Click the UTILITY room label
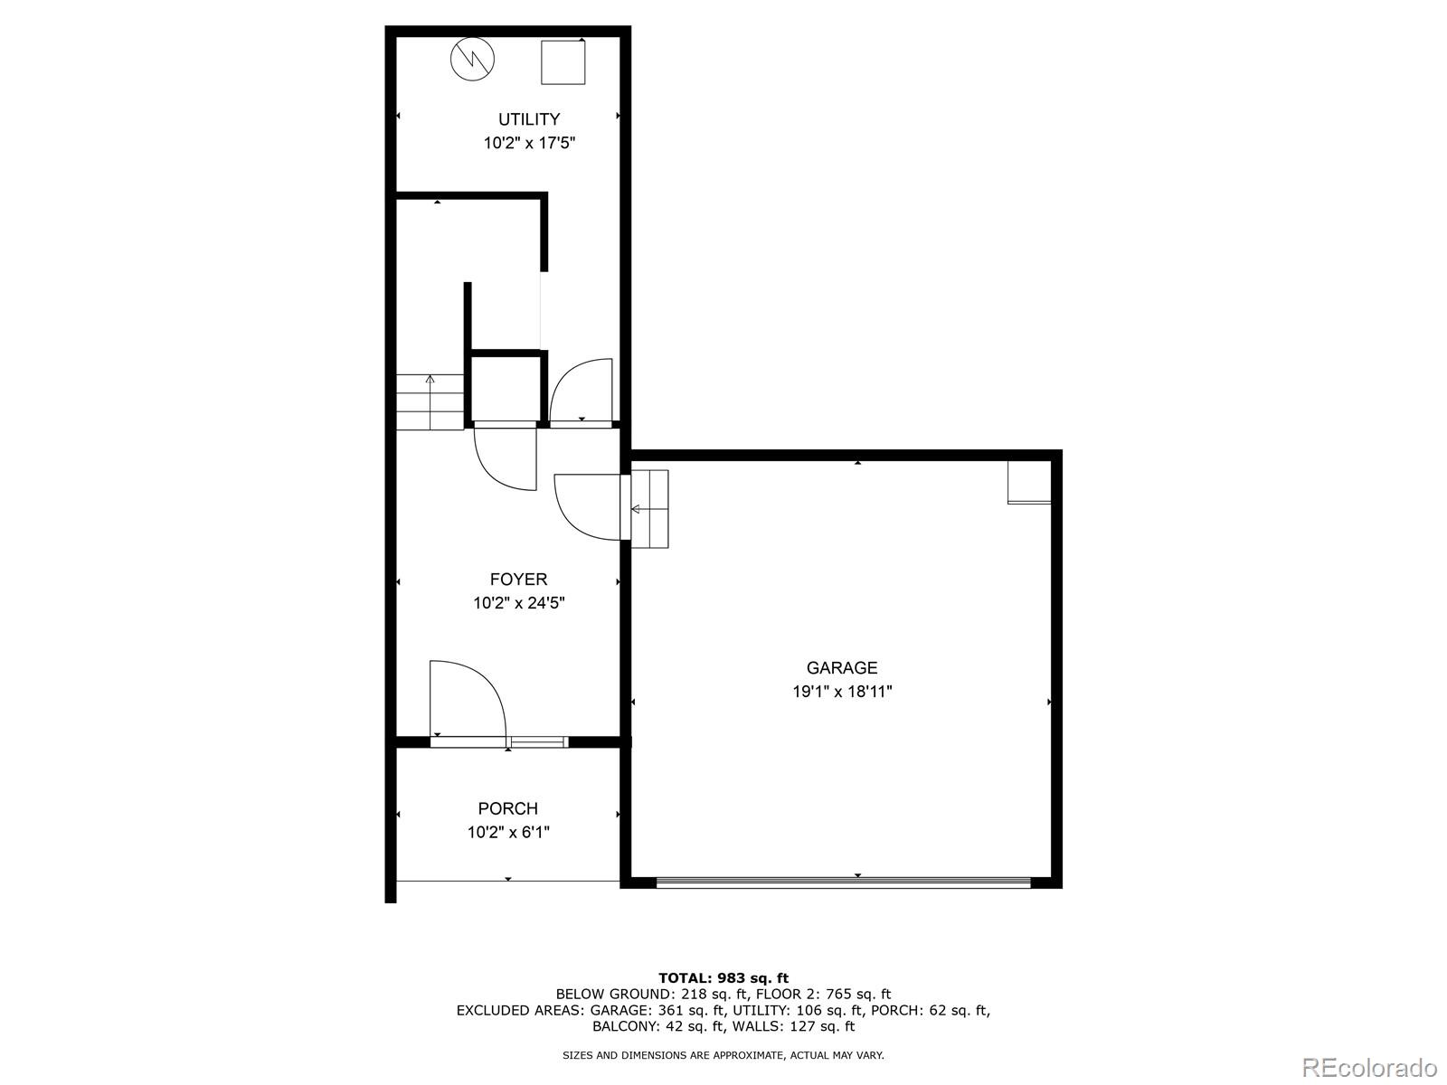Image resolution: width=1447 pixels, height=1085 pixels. (529, 119)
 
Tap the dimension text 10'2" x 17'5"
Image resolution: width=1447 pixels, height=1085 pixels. (529, 143)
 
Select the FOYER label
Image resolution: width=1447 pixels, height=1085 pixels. (518, 580)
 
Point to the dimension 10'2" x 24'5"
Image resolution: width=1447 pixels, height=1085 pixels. (518, 603)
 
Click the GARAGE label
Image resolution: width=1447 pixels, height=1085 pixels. (842, 668)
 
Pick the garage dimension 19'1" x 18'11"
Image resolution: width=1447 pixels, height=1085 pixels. (842, 692)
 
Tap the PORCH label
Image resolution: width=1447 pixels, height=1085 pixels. (507, 809)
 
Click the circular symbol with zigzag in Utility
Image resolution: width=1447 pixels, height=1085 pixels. (473, 60)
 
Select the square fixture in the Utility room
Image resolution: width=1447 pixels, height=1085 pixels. (563, 62)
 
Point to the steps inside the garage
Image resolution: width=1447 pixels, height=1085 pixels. (649, 509)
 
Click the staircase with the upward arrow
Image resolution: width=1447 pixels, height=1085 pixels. (430, 402)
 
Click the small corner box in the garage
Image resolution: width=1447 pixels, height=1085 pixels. (1029, 482)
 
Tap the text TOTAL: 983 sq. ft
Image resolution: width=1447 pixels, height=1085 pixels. (723, 977)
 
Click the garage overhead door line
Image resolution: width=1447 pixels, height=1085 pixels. (842, 882)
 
